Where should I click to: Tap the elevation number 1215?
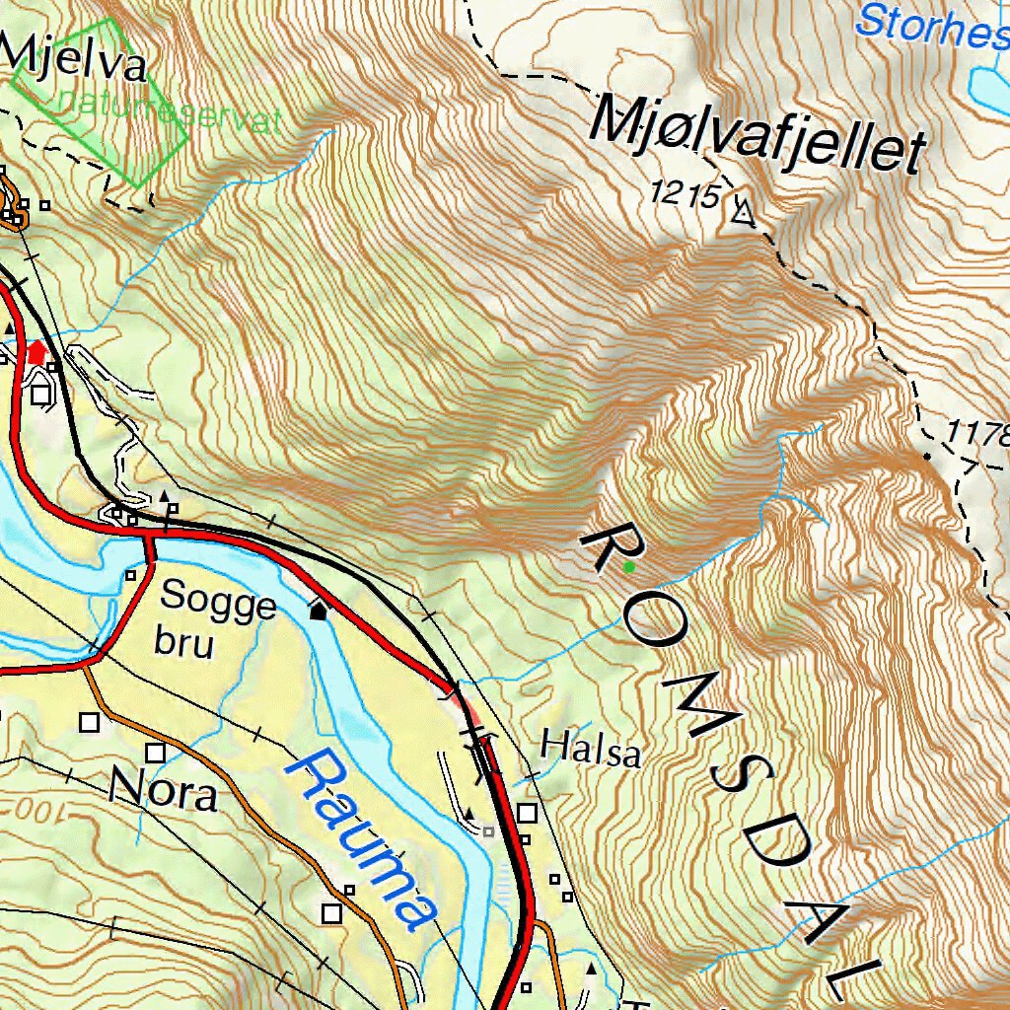point(685,195)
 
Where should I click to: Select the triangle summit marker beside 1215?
point(743,211)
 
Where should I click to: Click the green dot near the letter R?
point(628,566)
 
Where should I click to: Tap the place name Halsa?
point(591,749)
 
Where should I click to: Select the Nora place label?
point(163,789)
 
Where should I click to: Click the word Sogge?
point(218,600)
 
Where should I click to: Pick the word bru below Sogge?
point(183,643)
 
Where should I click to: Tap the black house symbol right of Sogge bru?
point(319,611)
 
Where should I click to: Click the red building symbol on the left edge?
point(37,351)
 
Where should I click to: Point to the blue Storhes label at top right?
point(932,22)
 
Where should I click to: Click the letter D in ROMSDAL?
point(775,841)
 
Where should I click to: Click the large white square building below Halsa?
point(528,814)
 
